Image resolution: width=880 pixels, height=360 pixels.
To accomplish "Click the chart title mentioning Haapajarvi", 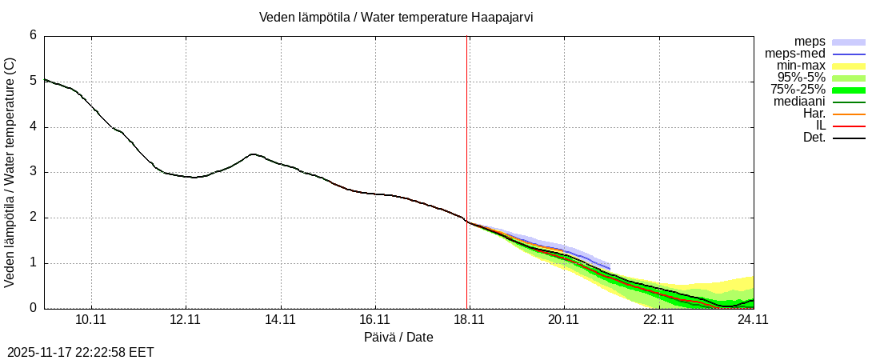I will [x=396, y=18].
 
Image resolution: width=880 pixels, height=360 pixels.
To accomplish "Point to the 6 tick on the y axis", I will [x=33, y=35].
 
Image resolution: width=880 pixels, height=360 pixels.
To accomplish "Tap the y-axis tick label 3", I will [x=33, y=172].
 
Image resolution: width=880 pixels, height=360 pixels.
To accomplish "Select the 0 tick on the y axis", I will [x=33, y=308].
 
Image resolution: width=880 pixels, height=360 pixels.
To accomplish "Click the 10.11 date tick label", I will [x=91, y=318].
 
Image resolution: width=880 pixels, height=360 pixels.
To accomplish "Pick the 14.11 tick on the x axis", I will [x=280, y=318].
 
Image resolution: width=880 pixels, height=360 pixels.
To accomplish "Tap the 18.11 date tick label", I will [x=469, y=318].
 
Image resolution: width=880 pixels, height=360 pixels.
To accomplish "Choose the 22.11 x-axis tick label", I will [x=658, y=318].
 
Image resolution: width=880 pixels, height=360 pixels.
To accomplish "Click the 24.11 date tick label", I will [x=752, y=318].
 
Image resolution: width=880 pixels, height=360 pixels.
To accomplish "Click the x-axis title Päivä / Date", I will [x=398, y=338].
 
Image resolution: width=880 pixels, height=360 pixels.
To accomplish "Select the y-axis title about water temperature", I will [x=10, y=172].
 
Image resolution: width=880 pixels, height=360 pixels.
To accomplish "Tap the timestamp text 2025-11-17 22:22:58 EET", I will [x=81, y=352].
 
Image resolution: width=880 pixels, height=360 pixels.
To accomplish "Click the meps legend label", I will [x=810, y=42].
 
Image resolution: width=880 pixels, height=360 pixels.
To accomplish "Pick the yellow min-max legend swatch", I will [x=849, y=66].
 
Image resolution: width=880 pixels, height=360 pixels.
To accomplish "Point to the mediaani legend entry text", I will [x=799, y=102].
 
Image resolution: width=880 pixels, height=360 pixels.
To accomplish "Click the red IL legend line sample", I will [x=849, y=126].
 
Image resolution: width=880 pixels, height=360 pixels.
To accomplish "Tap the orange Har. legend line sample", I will [x=849, y=114].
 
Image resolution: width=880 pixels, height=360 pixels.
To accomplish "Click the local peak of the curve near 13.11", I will [x=253, y=154].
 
